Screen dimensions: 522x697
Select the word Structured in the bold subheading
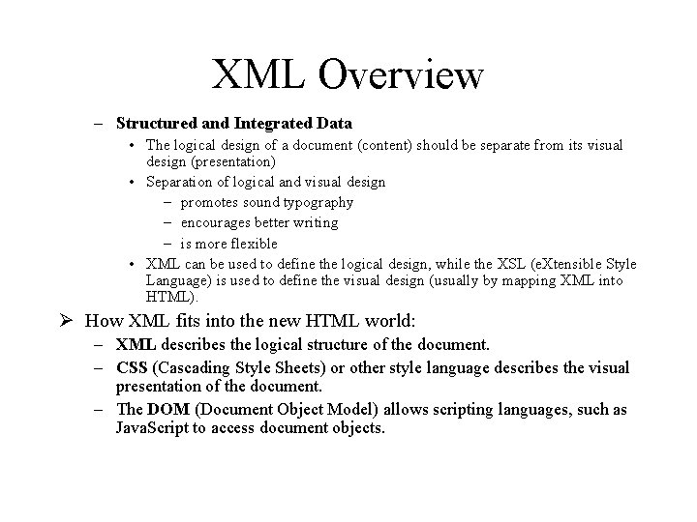tap(155, 123)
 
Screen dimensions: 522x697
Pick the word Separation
tap(179, 182)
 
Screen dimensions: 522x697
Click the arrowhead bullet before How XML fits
tap(71, 320)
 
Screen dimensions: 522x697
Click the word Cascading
tap(197, 367)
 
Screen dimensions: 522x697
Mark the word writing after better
tap(316, 222)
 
